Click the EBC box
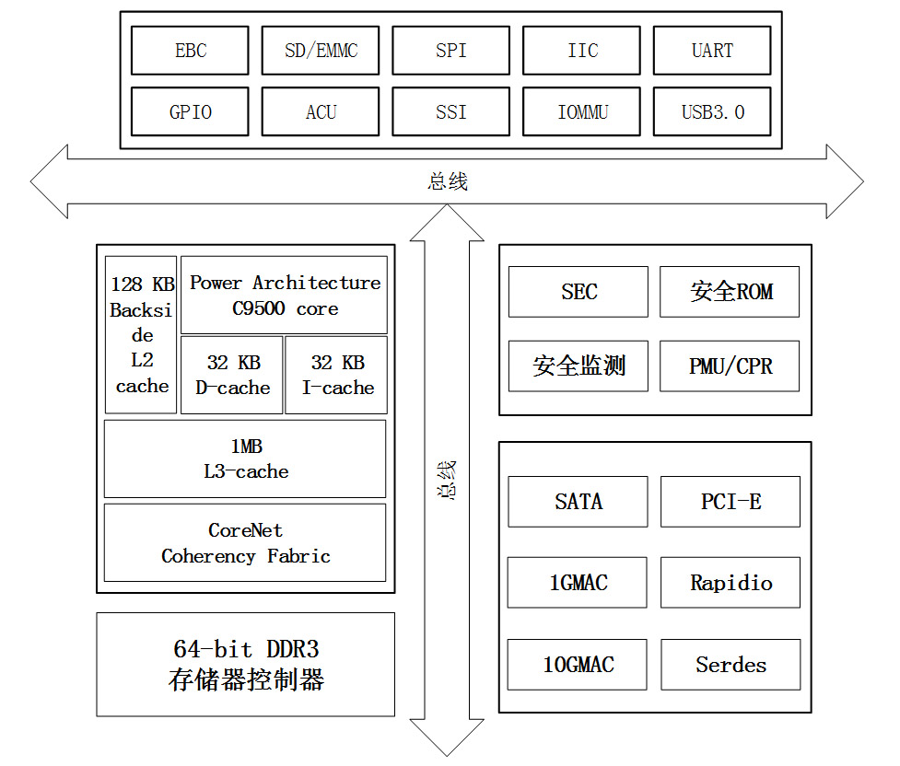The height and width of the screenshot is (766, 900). [x=190, y=51]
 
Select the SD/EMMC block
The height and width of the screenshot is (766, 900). [x=321, y=51]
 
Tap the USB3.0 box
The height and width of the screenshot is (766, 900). [x=712, y=112]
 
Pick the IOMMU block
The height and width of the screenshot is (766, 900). [x=582, y=112]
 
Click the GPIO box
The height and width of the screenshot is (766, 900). [x=190, y=112]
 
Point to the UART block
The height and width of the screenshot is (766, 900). [x=712, y=51]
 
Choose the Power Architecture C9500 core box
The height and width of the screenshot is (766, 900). [x=284, y=296]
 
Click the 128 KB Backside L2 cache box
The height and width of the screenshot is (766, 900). [x=141, y=335]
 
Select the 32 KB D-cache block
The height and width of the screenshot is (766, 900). [x=232, y=376]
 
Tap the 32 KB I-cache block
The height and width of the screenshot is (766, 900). [x=336, y=376]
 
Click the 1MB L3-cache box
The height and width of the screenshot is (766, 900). [x=245, y=458]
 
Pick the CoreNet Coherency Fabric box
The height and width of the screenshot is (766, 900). [x=245, y=543]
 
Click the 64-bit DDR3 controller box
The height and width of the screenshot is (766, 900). [x=245, y=665]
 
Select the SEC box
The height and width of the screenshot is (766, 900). [x=579, y=292]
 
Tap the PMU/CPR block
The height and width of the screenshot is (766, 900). [x=730, y=366]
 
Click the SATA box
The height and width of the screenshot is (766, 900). [x=578, y=502]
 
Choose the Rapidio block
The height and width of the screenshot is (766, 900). [x=730, y=583]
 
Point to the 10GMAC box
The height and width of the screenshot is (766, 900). [x=578, y=665]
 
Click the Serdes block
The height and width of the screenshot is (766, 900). [x=730, y=665]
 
